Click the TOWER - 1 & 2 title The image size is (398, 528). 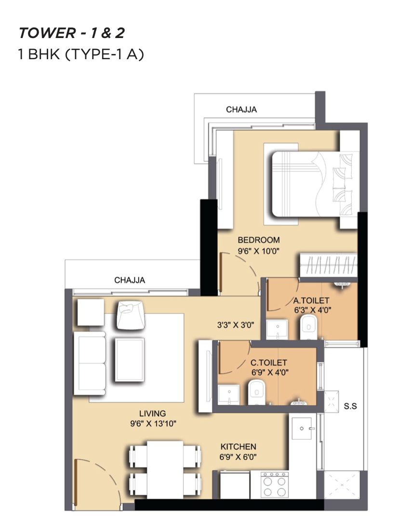72,33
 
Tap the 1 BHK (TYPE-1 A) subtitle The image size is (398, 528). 81,54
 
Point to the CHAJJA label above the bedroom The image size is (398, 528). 241,109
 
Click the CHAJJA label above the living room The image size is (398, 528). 130,280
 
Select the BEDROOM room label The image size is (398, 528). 259,240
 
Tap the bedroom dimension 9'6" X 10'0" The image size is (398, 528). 258,251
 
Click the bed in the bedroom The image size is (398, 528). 312,184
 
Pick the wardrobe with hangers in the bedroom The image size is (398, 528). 329,265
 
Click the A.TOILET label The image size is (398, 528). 311,300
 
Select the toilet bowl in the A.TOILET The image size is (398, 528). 308,327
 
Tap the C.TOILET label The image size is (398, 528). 268,362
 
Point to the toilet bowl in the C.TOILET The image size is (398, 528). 257,392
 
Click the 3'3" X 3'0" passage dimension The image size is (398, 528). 236,325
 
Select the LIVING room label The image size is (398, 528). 153,413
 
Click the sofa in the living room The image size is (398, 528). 90,363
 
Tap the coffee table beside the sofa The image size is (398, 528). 130,360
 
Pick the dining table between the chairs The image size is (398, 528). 165,469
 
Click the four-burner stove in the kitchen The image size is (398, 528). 275,485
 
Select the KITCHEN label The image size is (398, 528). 238,447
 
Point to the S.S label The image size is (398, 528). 350,406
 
